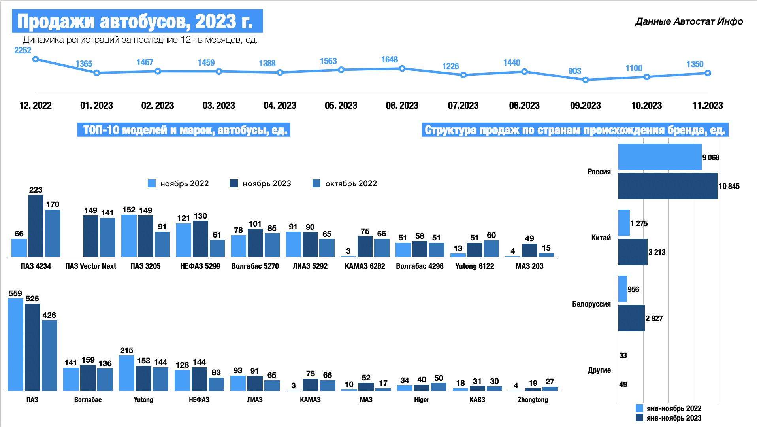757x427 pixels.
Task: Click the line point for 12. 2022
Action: click(36, 59)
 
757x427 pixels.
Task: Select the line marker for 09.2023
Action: click(586, 80)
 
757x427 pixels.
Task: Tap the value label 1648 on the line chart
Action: click(389, 60)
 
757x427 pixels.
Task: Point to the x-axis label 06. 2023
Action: click(402, 106)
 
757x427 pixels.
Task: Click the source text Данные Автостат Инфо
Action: click(689, 21)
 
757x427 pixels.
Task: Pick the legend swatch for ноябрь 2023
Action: click(234, 183)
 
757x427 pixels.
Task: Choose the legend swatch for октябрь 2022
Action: click(316, 183)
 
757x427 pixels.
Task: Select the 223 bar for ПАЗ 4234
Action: click(36, 226)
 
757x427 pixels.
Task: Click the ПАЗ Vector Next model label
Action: click(90, 266)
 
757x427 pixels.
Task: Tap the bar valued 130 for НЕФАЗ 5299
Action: click(200, 239)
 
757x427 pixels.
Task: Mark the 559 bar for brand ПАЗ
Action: click(15, 344)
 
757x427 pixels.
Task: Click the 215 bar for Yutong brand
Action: click(126, 373)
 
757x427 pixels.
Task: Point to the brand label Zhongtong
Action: click(533, 400)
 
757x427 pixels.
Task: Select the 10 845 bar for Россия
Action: click(668, 186)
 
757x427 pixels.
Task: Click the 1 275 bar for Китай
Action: click(624, 223)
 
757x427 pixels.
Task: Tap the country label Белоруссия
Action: click(591, 304)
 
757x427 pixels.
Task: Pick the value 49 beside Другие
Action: click(623, 384)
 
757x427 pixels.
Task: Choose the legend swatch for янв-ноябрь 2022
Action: click(639, 408)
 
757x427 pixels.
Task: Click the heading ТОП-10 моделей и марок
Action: click(184, 130)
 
